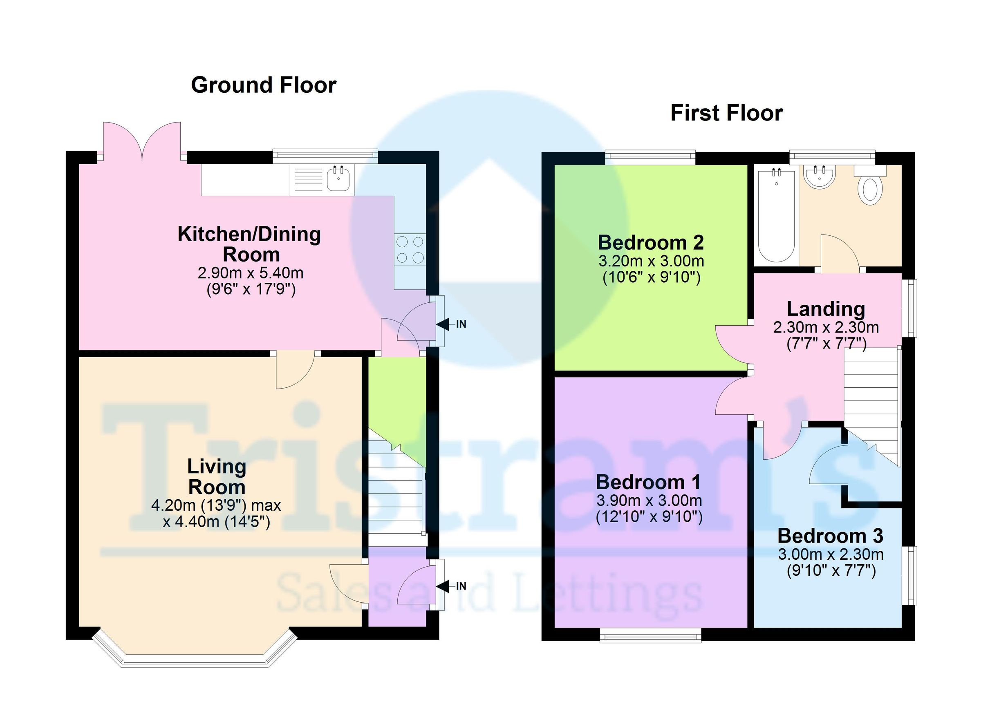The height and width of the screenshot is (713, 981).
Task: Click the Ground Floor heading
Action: pos(263,85)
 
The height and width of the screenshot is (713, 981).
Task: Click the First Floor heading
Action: pos(726,113)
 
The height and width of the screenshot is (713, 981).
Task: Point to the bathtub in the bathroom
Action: pos(776,216)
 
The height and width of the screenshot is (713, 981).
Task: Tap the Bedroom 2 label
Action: pos(651,243)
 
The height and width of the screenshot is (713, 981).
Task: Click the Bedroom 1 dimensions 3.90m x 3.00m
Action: pos(649,501)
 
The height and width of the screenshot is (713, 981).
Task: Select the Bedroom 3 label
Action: pos(830,536)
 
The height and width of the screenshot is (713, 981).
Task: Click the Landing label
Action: pos(826,309)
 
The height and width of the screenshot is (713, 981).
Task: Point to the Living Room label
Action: pos(217,477)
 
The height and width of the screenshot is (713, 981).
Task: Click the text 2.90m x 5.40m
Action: pos(251,273)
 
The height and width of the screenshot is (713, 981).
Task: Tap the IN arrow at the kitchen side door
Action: pos(443,324)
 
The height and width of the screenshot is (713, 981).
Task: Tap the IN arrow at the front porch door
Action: pos(443,586)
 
